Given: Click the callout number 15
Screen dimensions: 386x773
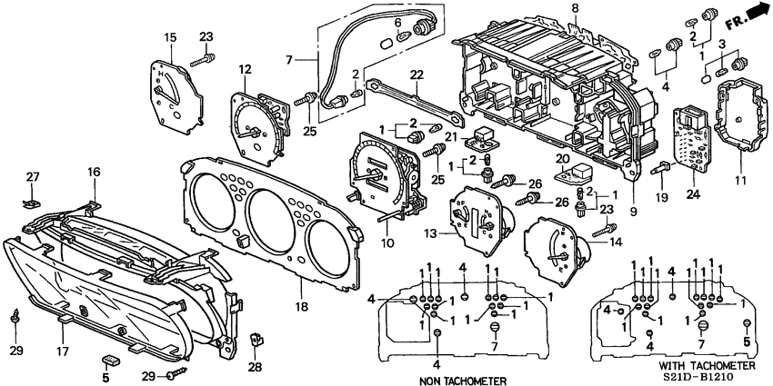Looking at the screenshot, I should pyautogui.click(x=170, y=36).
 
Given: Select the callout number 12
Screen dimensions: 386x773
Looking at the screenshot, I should pyautogui.click(x=245, y=69).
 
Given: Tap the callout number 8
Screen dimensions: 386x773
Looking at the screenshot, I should pyautogui.click(x=549, y=8).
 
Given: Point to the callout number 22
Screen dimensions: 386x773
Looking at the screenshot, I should pyautogui.click(x=417, y=74).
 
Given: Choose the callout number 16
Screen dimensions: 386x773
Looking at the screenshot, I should pyautogui.click(x=94, y=171).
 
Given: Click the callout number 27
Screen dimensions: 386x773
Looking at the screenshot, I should pyautogui.click(x=33, y=176).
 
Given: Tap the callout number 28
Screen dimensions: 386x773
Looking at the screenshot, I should pyautogui.click(x=255, y=367).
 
